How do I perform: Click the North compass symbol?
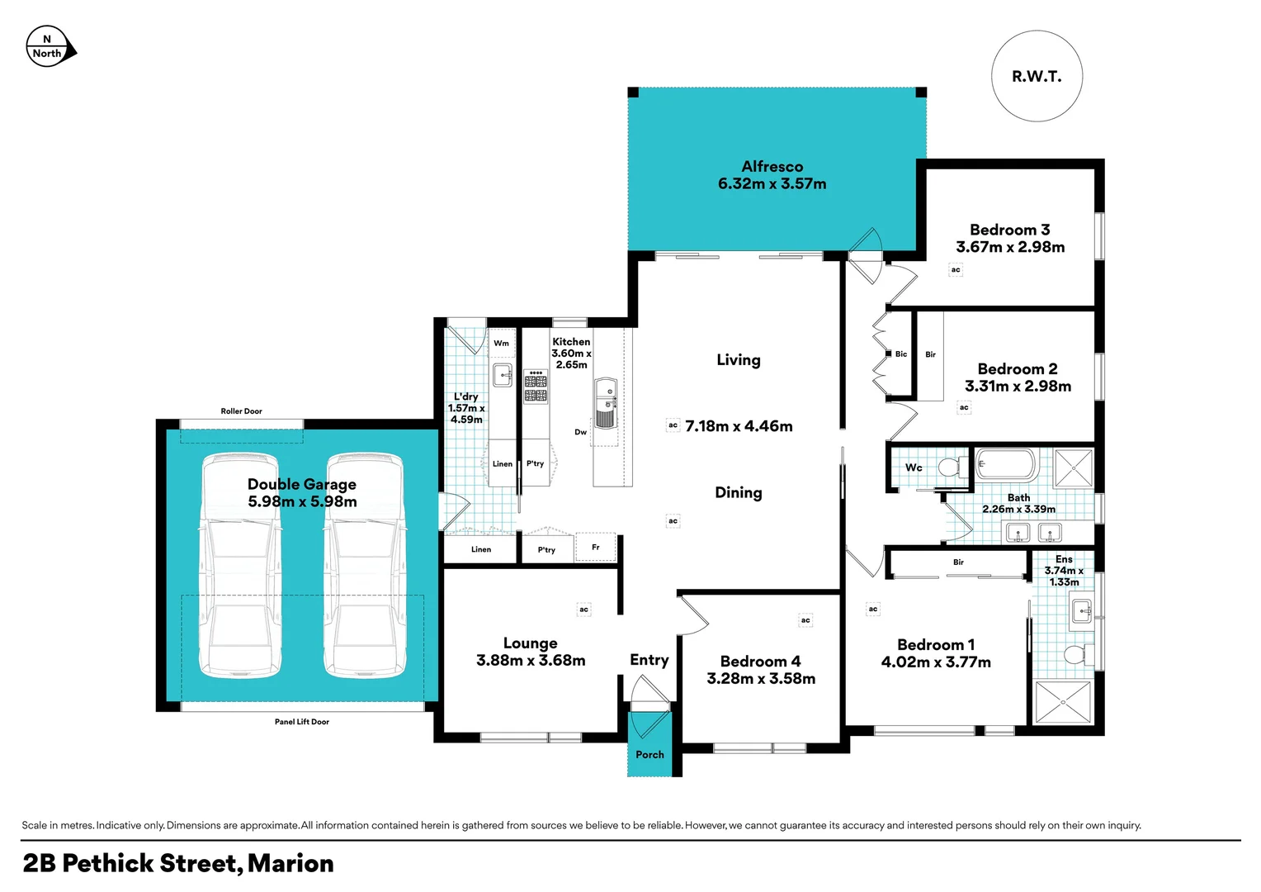[50, 47]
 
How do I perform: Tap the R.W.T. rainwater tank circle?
[1037, 77]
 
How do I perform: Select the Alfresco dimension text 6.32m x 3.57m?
[772, 184]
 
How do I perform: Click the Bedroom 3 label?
[1009, 230]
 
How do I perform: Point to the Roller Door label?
[241, 411]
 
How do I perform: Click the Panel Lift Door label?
[301, 722]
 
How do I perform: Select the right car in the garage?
[364, 566]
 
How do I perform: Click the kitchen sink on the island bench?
[606, 404]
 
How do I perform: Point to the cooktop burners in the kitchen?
[536, 387]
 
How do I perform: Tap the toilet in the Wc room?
[952, 467]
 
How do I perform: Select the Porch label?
[649, 755]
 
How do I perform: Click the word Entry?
[649, 660]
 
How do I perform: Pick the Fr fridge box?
[596, 548]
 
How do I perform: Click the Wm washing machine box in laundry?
[502, 344]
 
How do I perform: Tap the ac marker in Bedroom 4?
[805, 620]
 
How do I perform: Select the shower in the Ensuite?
[1064, 703]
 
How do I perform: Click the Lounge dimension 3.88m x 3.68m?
[531, 661]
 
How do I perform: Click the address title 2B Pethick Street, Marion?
[178, 864]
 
